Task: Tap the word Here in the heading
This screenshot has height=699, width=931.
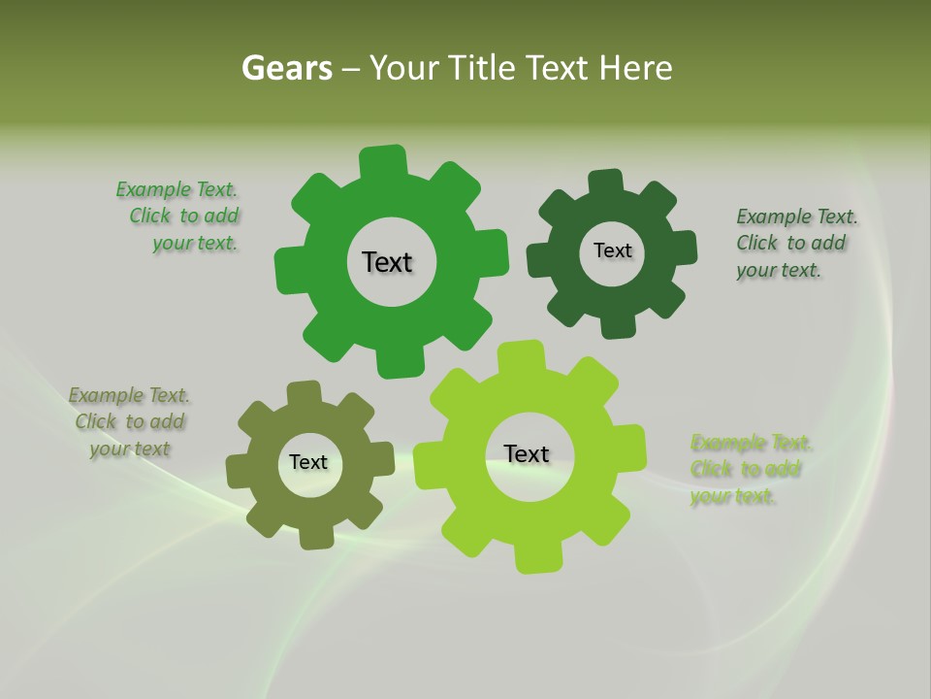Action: [x=635, y=68]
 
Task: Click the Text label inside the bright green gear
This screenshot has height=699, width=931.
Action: [x=387, y=262]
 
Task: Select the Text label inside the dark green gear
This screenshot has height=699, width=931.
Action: [x=612, y=250]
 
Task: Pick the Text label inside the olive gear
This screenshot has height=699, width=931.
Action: [x=308, y=462]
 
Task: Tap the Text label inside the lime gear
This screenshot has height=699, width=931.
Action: [x=527, y=453]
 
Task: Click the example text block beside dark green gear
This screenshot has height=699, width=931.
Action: [x=795, y=243]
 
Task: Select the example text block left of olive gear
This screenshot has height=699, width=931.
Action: [x=129, y=422]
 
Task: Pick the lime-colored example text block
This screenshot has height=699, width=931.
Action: [x=749, y=470]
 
